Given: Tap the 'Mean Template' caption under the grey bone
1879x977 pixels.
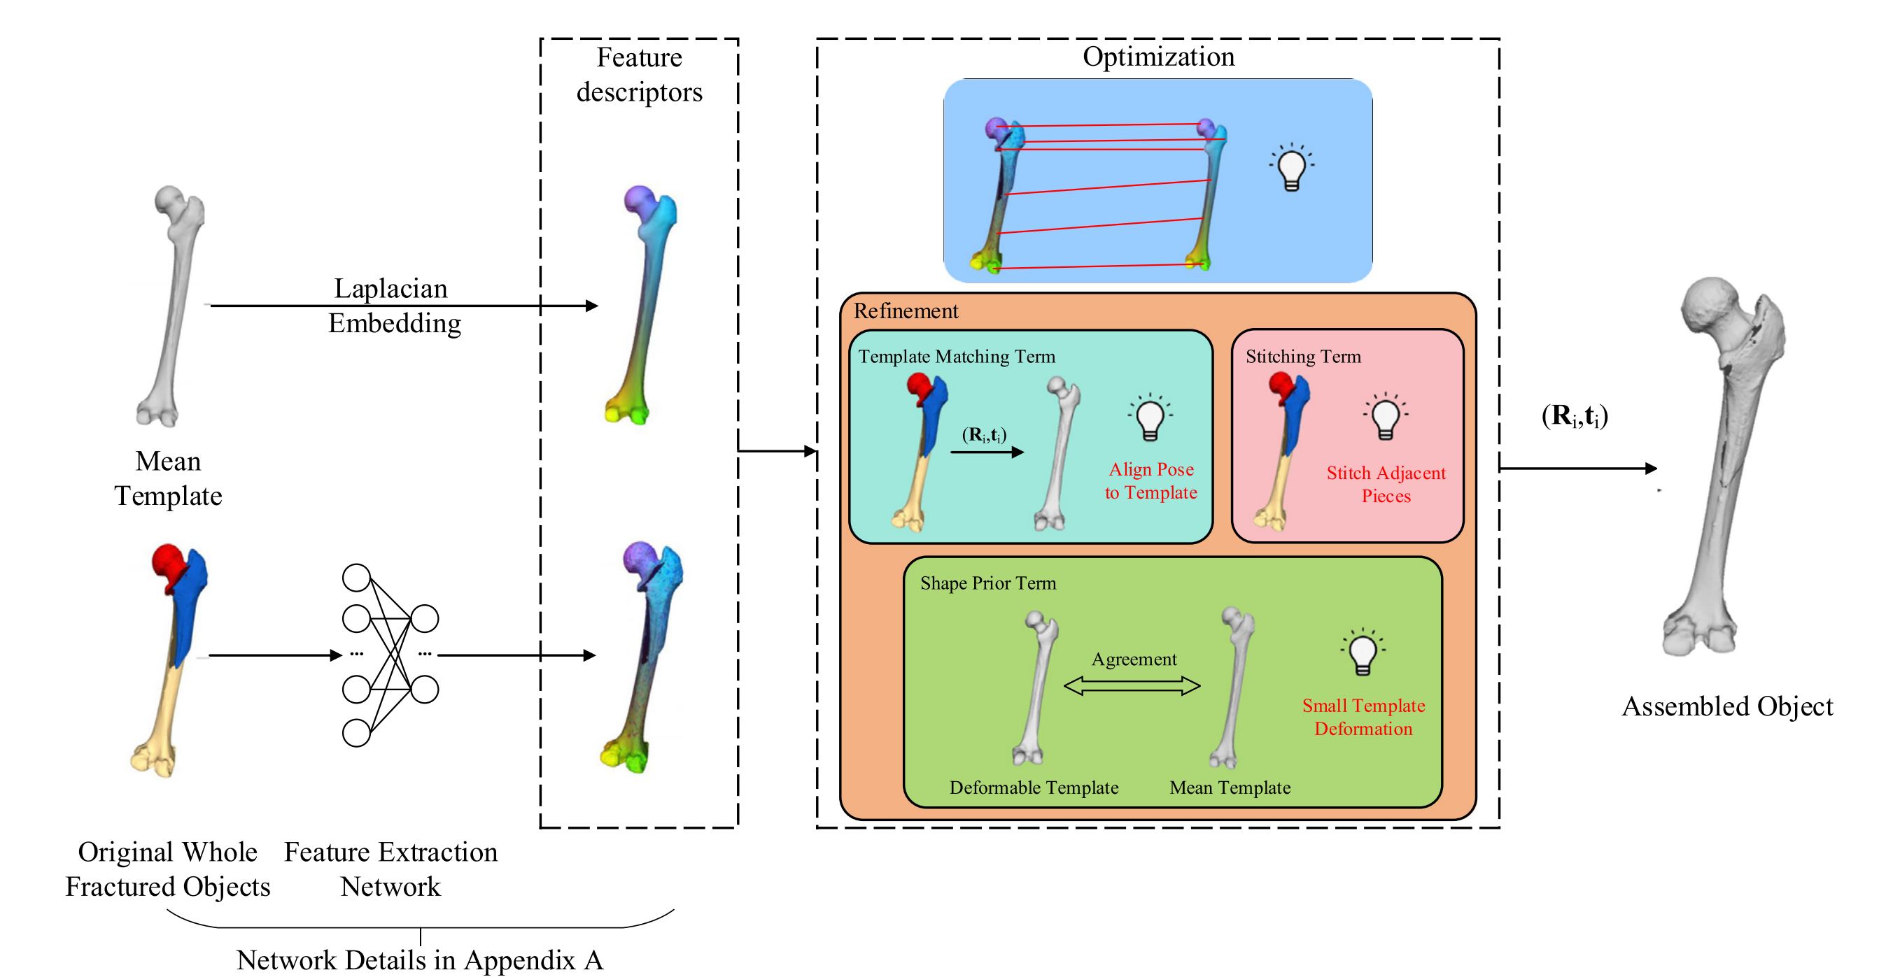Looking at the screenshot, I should tap(168, 478).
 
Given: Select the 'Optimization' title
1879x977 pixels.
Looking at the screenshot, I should tap(1157, 57).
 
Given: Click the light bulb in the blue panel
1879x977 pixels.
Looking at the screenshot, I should tap(1291, 167).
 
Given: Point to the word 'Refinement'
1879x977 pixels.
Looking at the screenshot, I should tap(906, 311).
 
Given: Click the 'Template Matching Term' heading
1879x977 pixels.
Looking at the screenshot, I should tap(956, 357).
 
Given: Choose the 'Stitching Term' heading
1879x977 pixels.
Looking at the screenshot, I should tap(1303, 357).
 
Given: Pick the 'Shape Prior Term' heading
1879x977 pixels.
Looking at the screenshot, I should tap(987, 583).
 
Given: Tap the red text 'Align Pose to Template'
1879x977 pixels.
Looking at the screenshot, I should tap(1151, 480).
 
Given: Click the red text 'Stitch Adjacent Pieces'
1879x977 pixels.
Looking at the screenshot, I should tap(1386, 484).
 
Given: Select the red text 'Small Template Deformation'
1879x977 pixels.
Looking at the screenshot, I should tap(1363, 717).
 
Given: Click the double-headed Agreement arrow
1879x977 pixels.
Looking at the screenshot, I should tap(1132, 685).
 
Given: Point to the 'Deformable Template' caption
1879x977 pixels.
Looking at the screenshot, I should tap(1034, 787).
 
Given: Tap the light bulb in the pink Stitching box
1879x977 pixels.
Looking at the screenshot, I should tap(1385, 417).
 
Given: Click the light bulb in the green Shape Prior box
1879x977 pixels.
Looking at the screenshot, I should tap(1363, 652).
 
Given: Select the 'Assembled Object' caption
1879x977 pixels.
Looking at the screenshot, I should tap(1726, 706).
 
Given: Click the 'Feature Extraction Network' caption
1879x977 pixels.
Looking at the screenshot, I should tap(390, 869).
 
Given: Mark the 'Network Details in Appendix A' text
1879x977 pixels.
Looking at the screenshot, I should tap(420, 960).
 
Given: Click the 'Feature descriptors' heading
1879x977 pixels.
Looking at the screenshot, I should tap(639, 75).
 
